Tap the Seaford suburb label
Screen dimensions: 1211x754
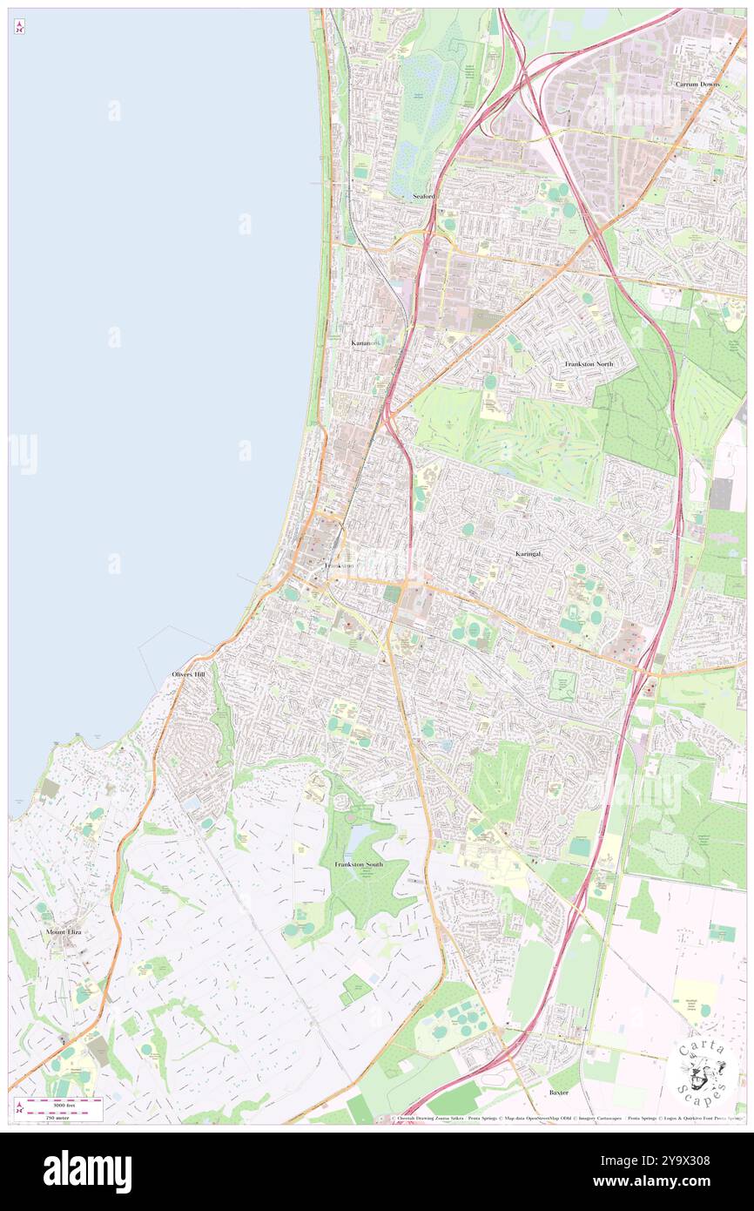tap(423, 197)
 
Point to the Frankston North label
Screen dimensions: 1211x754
tap(589, 363)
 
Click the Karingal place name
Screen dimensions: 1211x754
tap(530, 553)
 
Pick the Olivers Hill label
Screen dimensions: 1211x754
tap(189, 674)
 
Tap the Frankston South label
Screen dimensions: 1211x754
tap(358, 864)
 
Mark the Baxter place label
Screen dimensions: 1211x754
tap(558, 1093)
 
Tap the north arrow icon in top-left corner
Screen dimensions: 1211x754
tap(19, 27)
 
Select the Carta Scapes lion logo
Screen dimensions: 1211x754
tap(704, 1069)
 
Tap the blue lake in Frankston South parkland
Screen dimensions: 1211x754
tap(361, 840)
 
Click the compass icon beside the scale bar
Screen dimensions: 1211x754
tap(19, 1109)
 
